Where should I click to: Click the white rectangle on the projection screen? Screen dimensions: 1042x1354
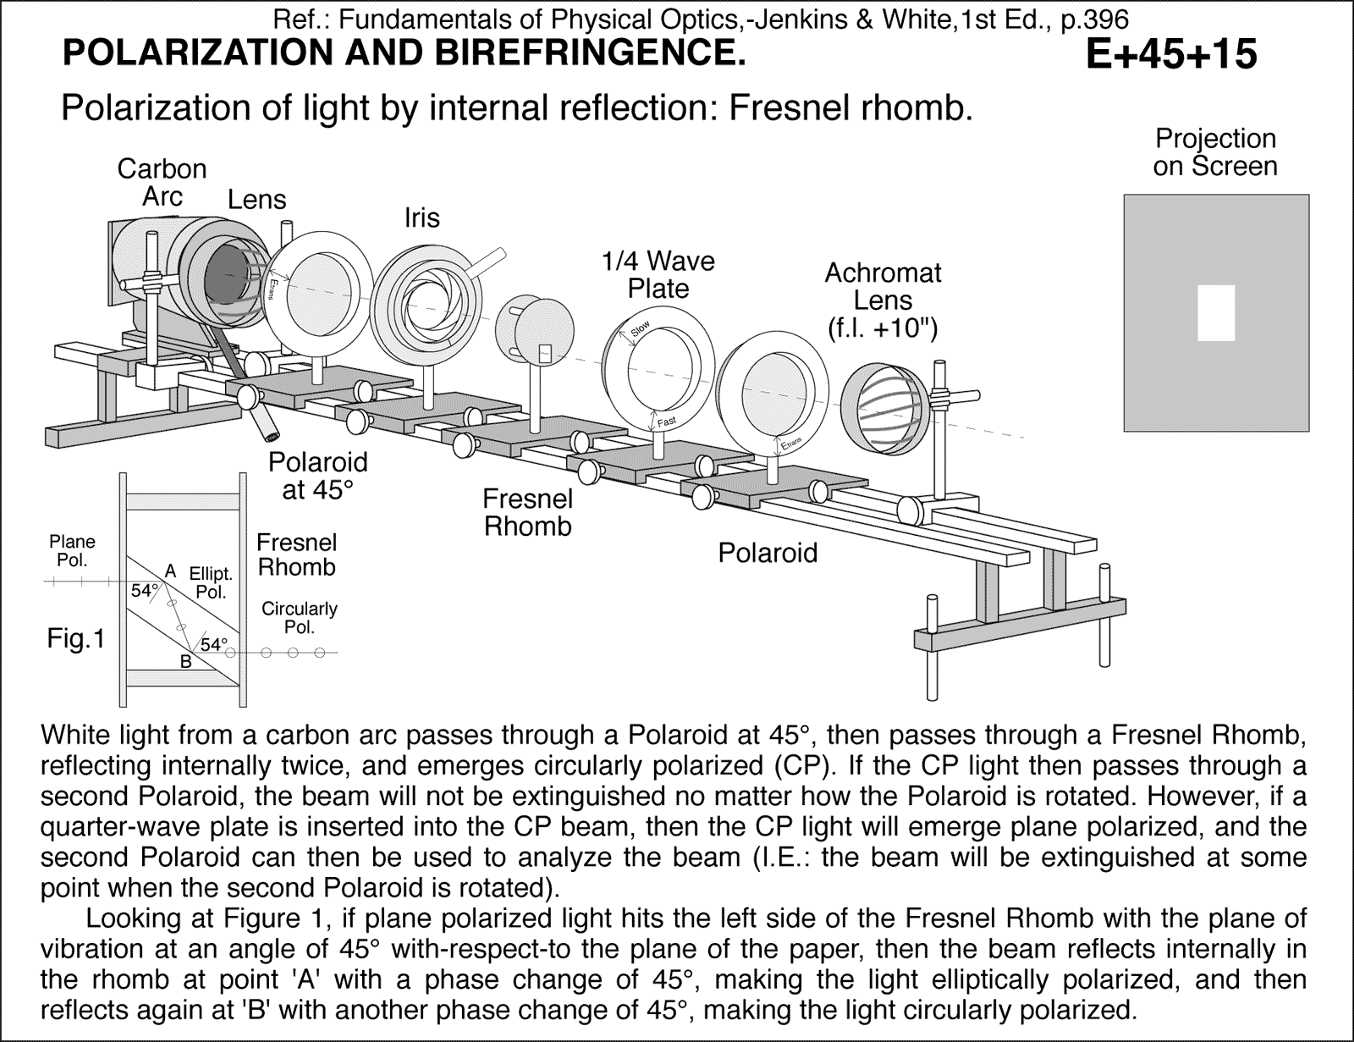(1216, 312)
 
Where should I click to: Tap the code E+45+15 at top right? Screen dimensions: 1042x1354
(1171, 55)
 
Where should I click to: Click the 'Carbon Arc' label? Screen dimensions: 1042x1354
(162, 182)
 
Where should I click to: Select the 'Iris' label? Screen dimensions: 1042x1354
(421, 218)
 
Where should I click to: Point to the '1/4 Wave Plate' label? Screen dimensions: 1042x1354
(658, 274)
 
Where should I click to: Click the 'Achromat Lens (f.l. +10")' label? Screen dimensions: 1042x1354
(883, 300)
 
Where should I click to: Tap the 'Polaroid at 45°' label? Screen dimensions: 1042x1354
(317, 476)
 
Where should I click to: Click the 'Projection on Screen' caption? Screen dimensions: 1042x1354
(1214, 152)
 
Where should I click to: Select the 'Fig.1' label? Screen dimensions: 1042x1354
(75, 639)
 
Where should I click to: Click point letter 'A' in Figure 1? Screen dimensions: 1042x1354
(170, 571)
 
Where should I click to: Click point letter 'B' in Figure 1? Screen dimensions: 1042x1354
(185, 662)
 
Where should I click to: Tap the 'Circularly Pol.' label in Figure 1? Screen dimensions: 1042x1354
(300, 618)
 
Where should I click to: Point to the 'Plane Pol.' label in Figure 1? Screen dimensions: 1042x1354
(72, 550)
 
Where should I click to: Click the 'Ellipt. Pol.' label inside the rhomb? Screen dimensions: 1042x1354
(211, 583)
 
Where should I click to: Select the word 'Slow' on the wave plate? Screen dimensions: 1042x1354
(641, 328)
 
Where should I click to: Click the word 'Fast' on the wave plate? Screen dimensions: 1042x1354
(666, 422)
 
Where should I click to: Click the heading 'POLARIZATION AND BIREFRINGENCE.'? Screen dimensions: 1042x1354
(405, 53)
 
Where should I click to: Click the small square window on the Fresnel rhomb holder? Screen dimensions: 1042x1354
(545, 351)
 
